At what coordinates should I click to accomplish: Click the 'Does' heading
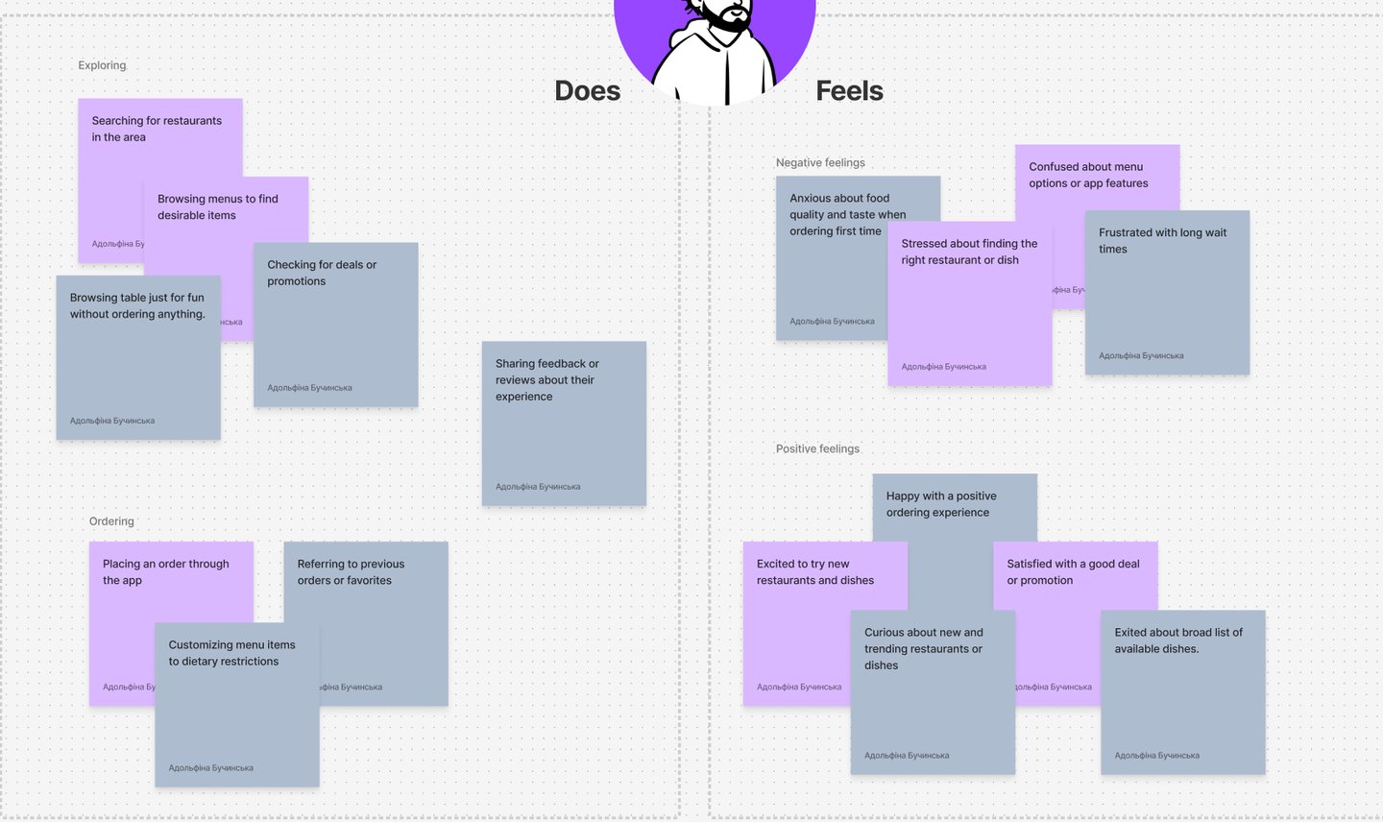(x=587, y=91)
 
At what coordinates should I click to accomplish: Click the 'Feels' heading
(x=849, y=91)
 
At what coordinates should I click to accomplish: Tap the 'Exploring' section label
(x=102, y=65)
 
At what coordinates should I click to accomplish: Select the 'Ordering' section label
(x=111, y=521)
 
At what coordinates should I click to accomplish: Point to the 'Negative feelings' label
(x=820, y=163)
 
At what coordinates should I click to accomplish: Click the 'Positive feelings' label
(x=817, y=448)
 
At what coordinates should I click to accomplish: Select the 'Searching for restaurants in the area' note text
(x=157, y=129)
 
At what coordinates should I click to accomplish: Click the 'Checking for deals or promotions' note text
(x=322, y=273)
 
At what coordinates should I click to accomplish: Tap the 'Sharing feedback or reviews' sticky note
(x=564, y=423)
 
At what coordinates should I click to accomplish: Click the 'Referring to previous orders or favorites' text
(x=351, y=572)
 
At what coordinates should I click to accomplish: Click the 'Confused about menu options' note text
(x=1088, y=175)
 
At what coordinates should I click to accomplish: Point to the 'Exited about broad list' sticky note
(x=1182, y=692)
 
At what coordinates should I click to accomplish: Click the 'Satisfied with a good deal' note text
(x=1073, y=572)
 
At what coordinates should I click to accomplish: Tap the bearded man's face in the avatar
(x=722, y=12)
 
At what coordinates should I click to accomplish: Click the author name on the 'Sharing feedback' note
(x=538, y=487)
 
